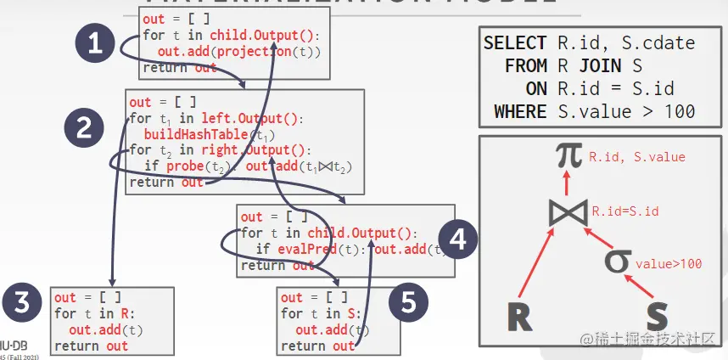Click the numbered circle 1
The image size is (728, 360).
point(96,44)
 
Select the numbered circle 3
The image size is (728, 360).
point(22,303)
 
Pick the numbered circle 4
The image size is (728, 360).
point(458,240)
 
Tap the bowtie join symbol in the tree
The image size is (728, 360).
point(568,211)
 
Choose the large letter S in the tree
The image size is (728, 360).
point(657,317)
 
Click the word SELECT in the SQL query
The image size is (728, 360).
point(515,43)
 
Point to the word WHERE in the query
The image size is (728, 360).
point(520,111)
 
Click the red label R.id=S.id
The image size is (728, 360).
point(626,211)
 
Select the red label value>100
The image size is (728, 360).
point(669,264)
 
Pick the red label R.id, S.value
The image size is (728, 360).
point(637,157)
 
